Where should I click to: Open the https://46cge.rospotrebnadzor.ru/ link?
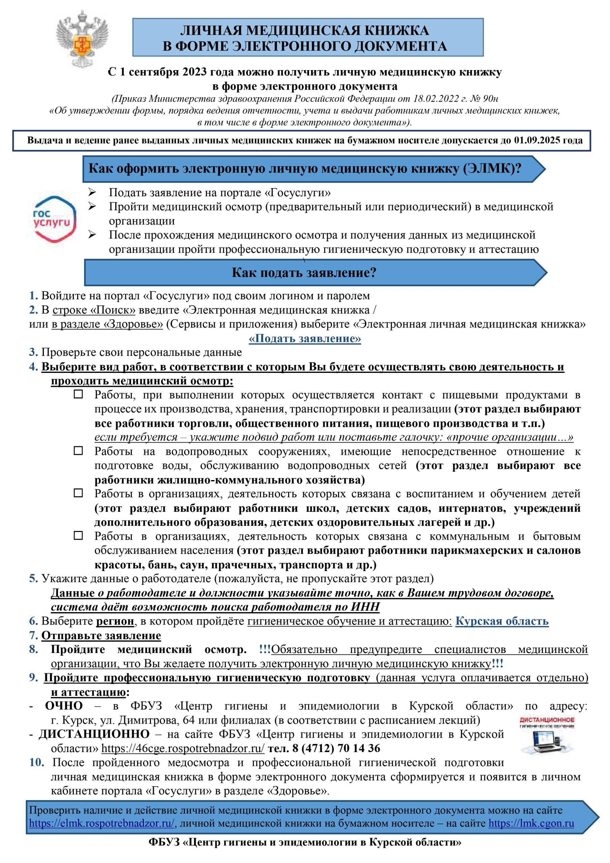click(183, 748)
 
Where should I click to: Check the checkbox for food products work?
click(78, 394)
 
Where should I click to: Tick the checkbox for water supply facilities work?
click(78, 451)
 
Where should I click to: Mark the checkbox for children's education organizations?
click(78, 493)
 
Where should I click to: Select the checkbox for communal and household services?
click(78, 535)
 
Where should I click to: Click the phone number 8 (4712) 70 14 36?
click(336, 748)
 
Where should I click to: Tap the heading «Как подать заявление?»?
click(304, 272)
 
